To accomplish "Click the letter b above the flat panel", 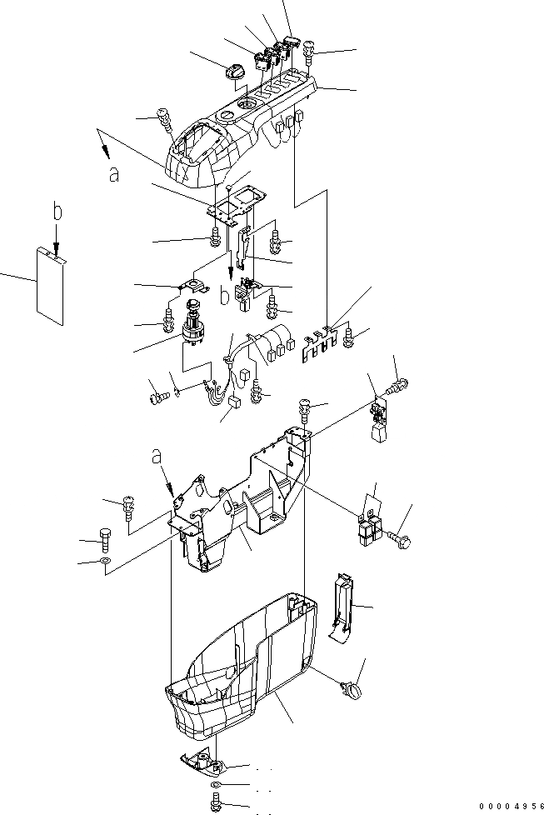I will [x=57, y=212].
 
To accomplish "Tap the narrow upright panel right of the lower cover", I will [x=341, y=608].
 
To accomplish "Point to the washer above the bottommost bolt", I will [x=215, y=786].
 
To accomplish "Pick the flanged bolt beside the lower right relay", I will [x=401, y=538].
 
